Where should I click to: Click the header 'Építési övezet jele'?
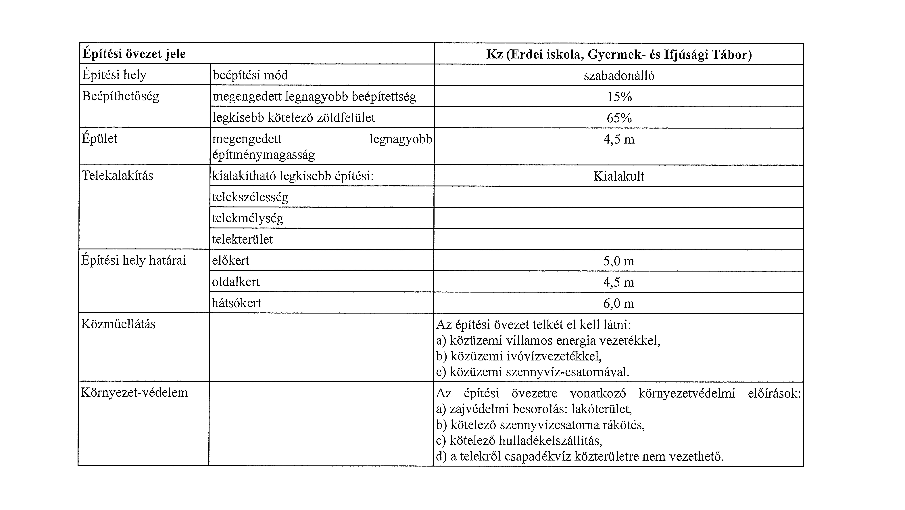[134, 54]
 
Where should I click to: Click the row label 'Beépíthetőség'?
[120, 96]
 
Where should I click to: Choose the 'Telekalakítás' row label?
[117, 175]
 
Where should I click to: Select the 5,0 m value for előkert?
[619, 261]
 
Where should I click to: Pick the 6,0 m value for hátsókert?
[619, 303]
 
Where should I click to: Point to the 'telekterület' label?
[242, 239]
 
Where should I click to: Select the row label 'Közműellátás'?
[118, 324]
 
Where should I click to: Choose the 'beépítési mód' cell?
[250, 75]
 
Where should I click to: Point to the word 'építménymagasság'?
[264, 155]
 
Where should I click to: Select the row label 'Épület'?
[99, 138]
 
